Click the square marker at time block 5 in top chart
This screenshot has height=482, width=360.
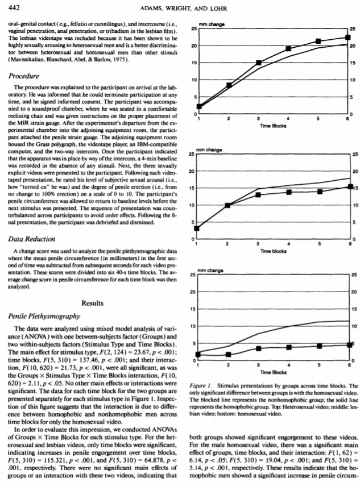coord(318,41)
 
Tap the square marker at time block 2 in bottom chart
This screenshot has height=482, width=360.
coord(228,354)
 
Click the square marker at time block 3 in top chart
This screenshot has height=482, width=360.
coord(258,63)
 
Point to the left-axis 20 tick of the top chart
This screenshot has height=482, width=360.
coord(193,45)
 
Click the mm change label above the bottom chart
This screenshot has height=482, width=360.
coord(210,272)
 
